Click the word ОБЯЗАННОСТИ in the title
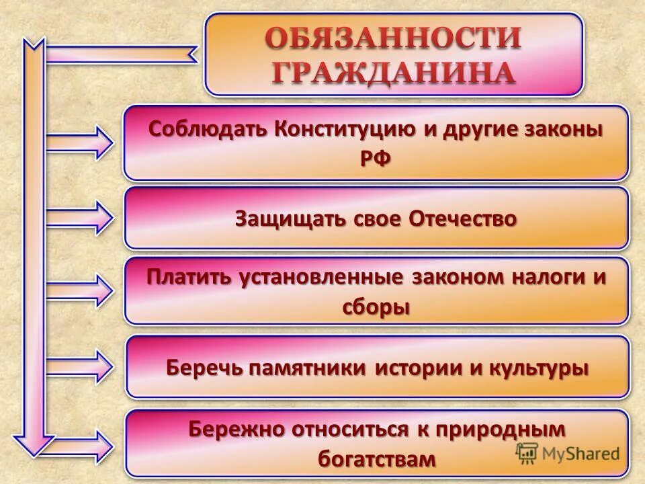pos(393,38)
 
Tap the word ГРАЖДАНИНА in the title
pos(393,72)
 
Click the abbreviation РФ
pos(376,159)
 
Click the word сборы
pos(376,307)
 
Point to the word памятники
pos(306,368)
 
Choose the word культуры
pos(538,368)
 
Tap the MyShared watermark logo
pos(568,453)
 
